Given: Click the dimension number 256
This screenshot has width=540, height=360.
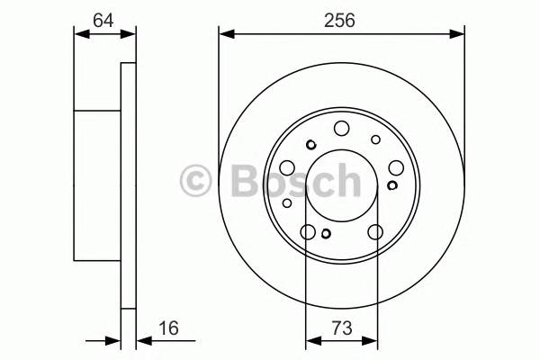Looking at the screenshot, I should click(341, 17).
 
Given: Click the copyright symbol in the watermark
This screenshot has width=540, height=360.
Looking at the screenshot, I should click(196, 182).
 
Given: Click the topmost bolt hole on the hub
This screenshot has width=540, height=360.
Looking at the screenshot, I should click(342, 129).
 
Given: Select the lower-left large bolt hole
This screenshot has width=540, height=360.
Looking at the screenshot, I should click(309, 233).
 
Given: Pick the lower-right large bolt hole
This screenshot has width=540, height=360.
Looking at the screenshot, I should click(375, 233).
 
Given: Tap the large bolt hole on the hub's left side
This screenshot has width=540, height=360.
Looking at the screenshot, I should click(287, 167).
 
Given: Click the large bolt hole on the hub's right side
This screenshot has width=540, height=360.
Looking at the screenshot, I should click(397, 167).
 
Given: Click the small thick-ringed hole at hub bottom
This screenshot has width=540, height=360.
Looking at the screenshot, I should click(327, 235).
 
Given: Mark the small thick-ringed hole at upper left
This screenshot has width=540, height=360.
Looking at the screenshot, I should click(310, 145).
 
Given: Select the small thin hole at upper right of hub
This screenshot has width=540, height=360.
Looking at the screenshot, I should click(375, 139).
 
